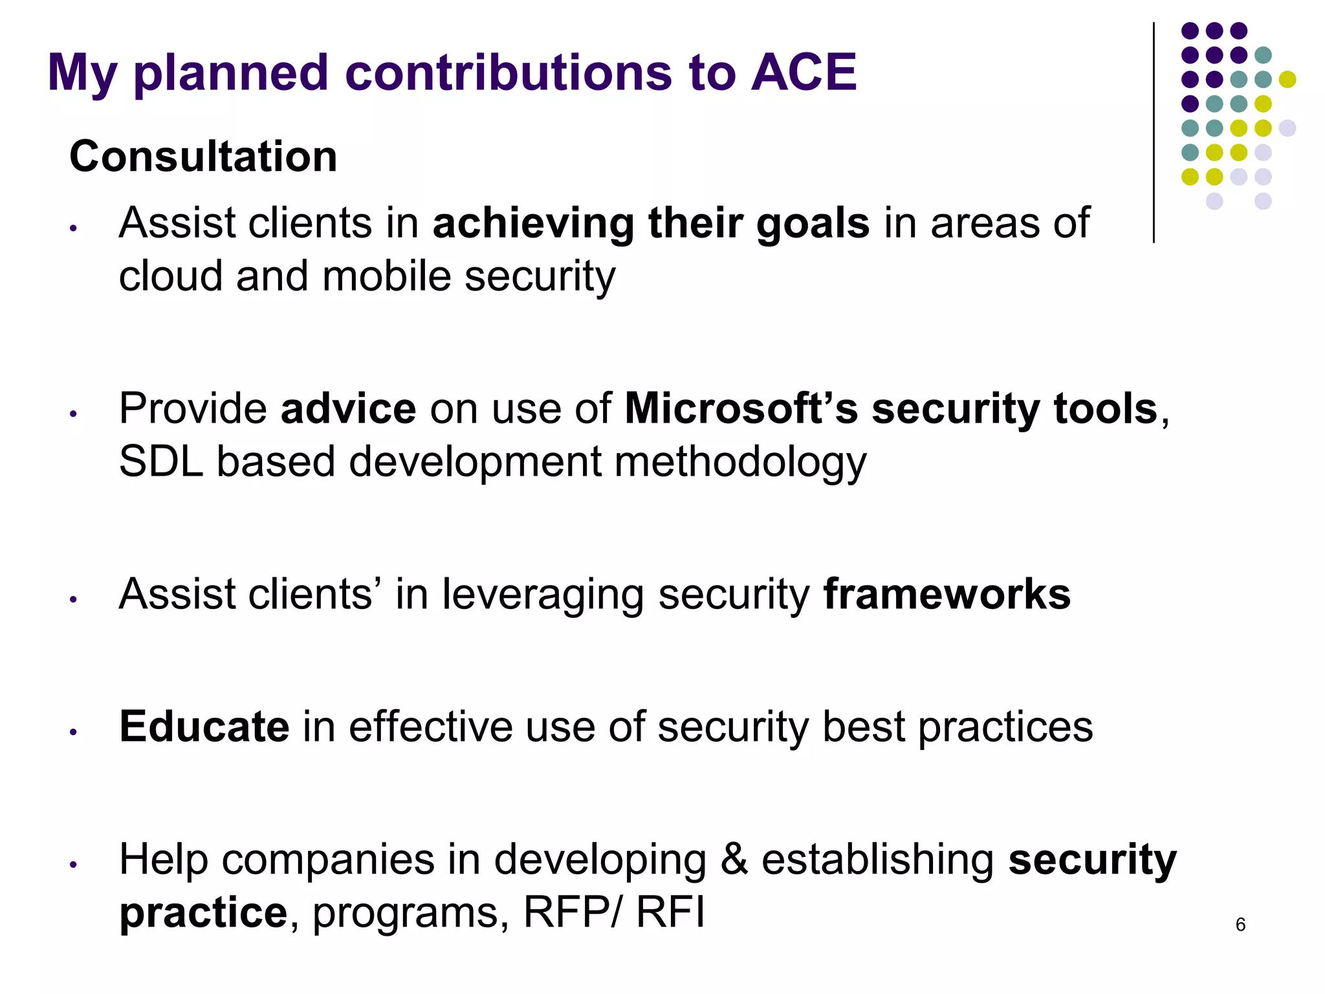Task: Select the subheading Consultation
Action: pyautogui.click(x=203, y=157)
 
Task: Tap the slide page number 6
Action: pyautogui.click(x=1240, y=924)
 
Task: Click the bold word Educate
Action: pyautogui.click(x=204, y=726)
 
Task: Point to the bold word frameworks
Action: pyautogui.click(x=947, y=594)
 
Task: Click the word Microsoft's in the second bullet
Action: pyautogui.click(x=741, y=408)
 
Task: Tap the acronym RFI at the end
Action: pyautogui.click(x=670, y=912)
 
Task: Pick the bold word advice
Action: pyautogui.click(x=348, y=408)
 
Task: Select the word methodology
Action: pyautogui.click(x=740, y=463)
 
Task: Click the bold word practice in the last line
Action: pyautogui.click(x=203, y=914)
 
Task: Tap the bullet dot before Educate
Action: pyautogui.click(x=74, y=732)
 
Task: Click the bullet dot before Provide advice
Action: pyautogui.click(x=74, y=414)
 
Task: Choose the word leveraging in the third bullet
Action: pyautogui.click(x=542, y=595)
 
